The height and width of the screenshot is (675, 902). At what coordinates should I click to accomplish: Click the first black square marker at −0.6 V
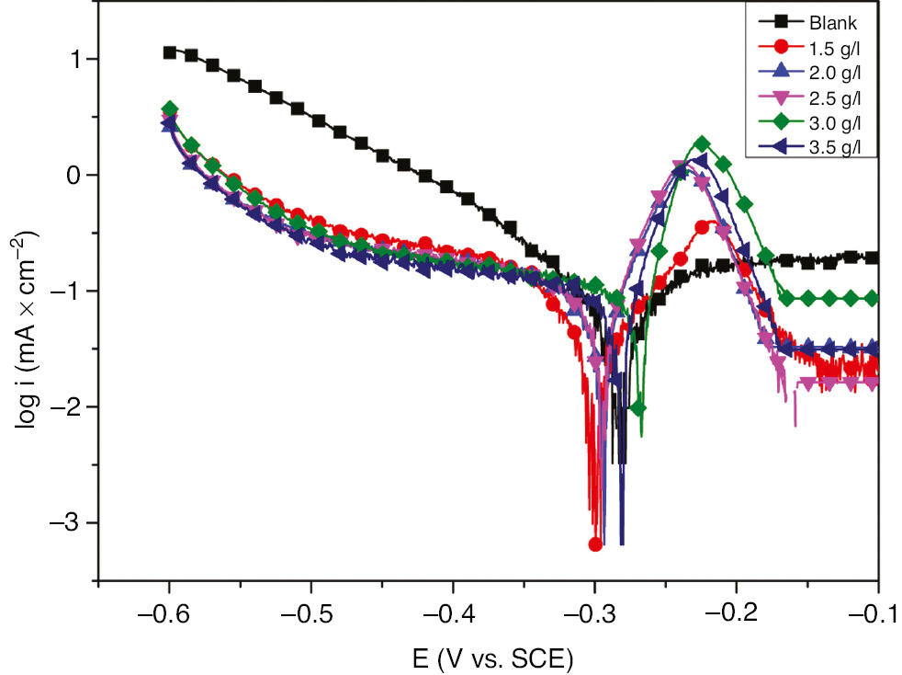[170, 52]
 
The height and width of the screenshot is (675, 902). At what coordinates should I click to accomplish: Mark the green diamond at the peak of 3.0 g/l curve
[703, 143]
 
